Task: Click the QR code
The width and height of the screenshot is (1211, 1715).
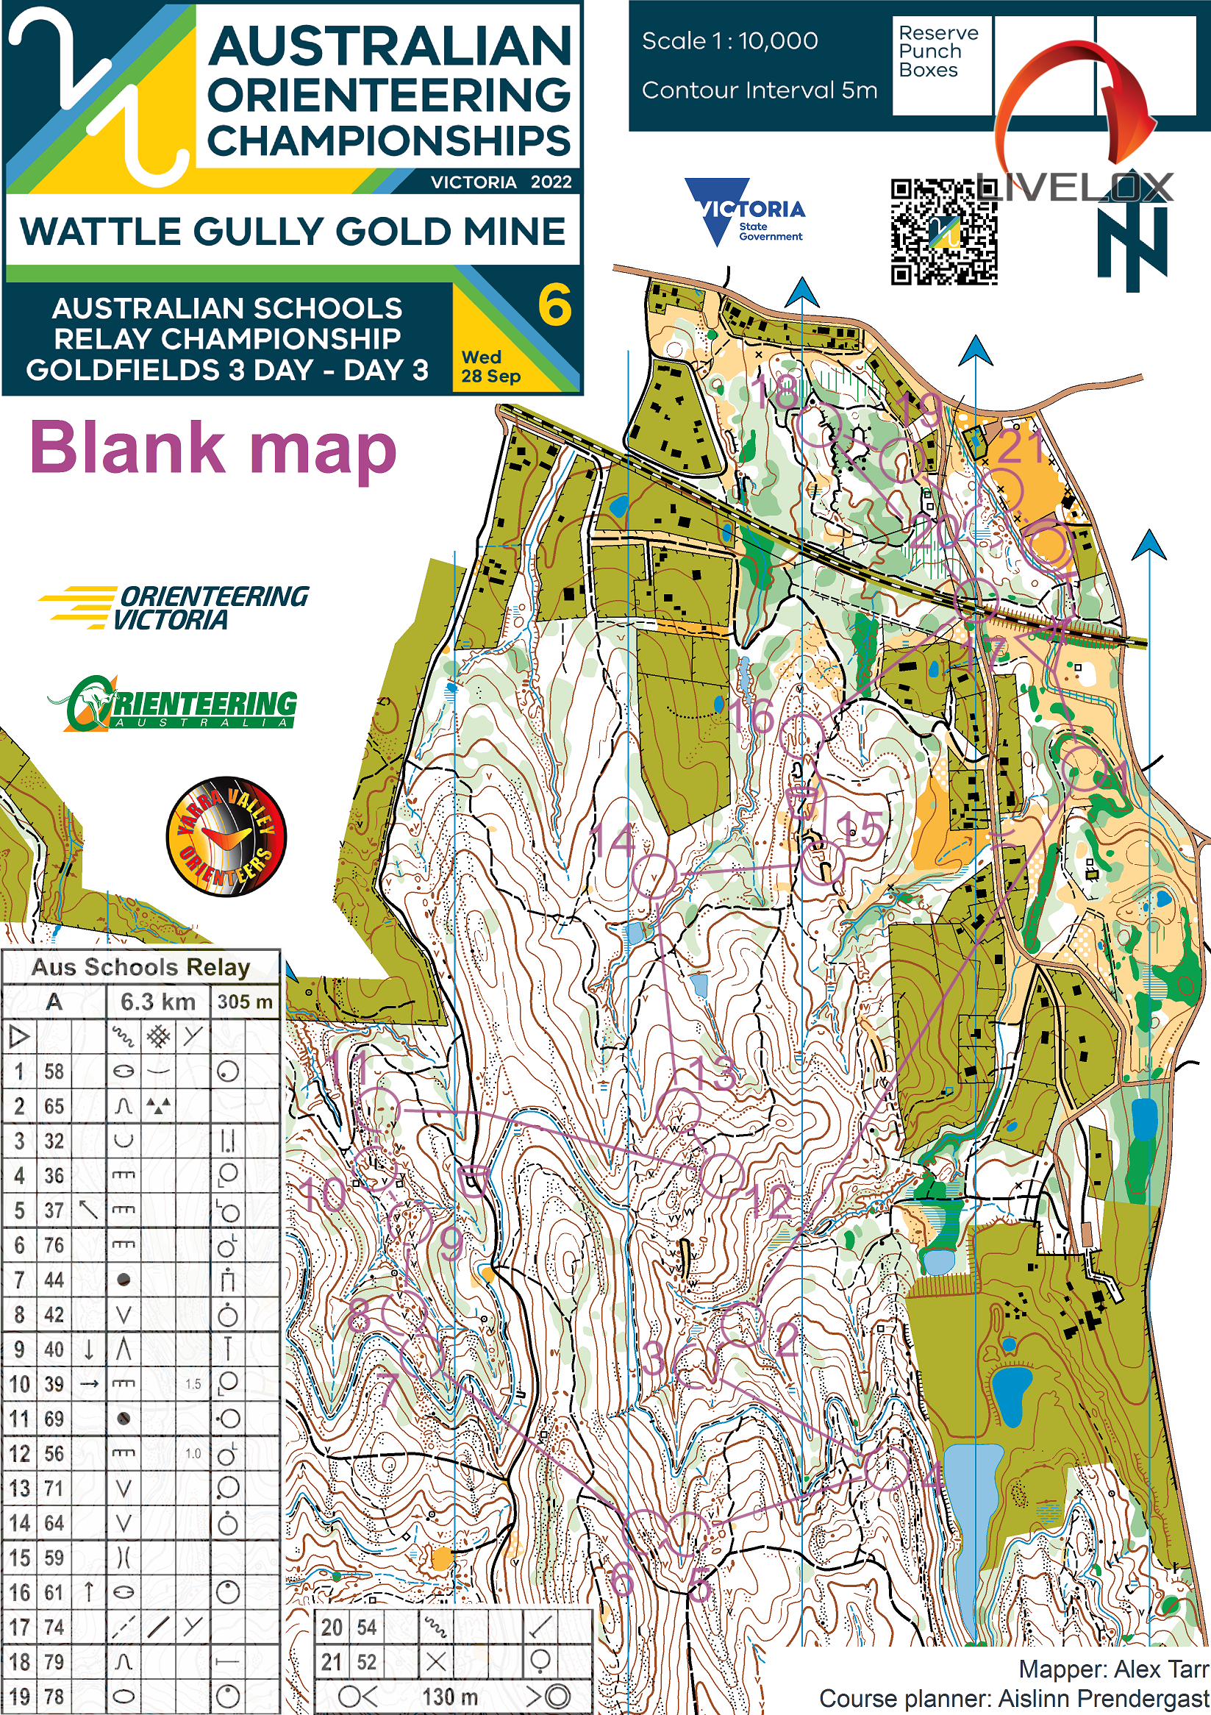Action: pos(943,232)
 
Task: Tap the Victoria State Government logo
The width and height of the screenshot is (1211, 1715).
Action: pos(744,213)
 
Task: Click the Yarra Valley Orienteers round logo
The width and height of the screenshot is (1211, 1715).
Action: pos(226,836)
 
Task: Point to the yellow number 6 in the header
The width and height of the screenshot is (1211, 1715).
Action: pos(554,305)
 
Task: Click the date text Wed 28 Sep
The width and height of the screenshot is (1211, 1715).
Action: pos(490,367)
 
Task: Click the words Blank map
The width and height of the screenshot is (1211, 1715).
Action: pos(212,448)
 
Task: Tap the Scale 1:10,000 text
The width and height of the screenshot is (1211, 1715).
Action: pos(729,41)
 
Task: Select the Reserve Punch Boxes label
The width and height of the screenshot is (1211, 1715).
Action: pos(937,51)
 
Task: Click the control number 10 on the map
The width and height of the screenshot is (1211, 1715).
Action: pos(323,1194)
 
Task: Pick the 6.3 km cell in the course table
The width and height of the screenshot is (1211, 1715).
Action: pos(158,1002)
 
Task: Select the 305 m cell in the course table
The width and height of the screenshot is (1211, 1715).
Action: pos(245,1002)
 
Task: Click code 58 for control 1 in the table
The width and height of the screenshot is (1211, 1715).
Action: pos(54,1071)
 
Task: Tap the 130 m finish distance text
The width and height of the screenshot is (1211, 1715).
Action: pos(450,1697)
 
